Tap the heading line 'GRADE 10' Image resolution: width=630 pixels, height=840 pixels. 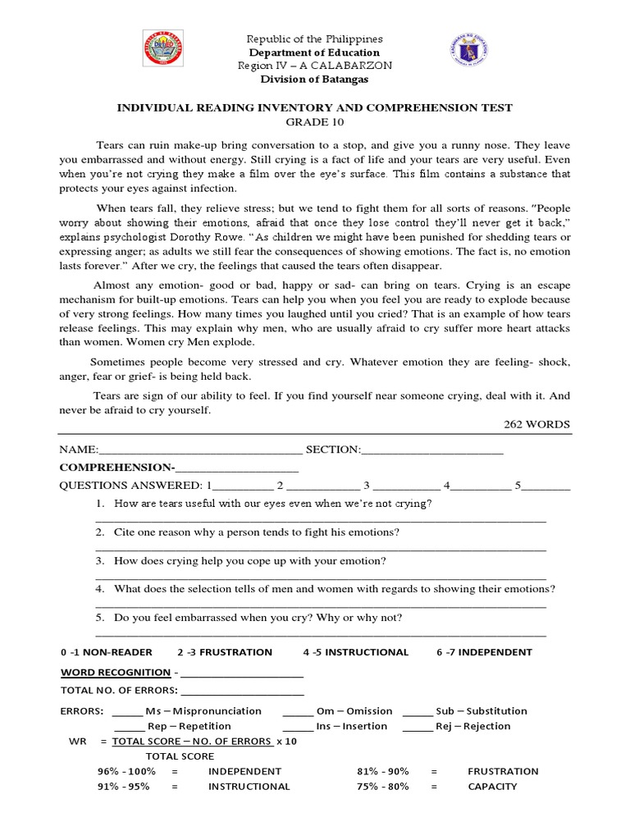[314, 121]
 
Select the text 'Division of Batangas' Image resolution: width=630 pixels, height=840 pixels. [314, 79]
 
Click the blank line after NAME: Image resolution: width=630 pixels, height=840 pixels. [200, 450]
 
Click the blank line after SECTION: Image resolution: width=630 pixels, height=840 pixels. [431, 450]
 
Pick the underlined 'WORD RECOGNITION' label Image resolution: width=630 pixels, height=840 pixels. [116, 673]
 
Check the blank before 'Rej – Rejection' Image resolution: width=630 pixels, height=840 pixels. [418, 727]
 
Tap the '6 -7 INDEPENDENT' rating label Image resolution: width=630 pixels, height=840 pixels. [484, 652]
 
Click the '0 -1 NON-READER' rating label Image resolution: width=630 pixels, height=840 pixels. [107, 652]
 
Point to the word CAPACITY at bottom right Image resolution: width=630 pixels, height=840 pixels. [492, 787]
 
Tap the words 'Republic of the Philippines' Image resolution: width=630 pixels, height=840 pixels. [314, 39]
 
